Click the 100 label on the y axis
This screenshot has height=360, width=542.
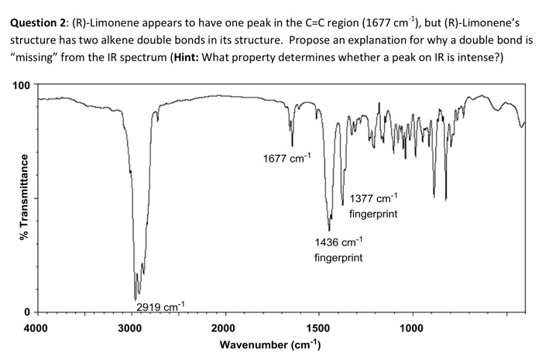[x=19, y=84]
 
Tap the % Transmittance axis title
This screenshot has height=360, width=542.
[x=11, y=197]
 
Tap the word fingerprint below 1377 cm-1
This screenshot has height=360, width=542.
[x=374, y=214]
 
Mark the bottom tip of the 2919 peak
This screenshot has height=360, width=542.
[x=135, y=300]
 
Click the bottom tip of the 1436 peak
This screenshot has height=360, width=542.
[x=330, y=230]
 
